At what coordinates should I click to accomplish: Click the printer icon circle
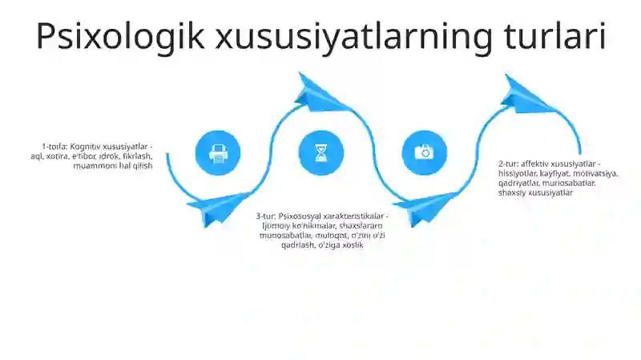click(x=218, y=152)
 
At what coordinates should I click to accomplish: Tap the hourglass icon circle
click(x=321, y=152)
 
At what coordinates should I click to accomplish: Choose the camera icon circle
click(x=424, y=152)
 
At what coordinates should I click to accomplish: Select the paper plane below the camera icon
click(x=423, y=210)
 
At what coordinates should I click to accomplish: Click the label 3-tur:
click(x=266, y=216)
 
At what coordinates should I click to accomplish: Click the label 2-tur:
click(x=510, y=164)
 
